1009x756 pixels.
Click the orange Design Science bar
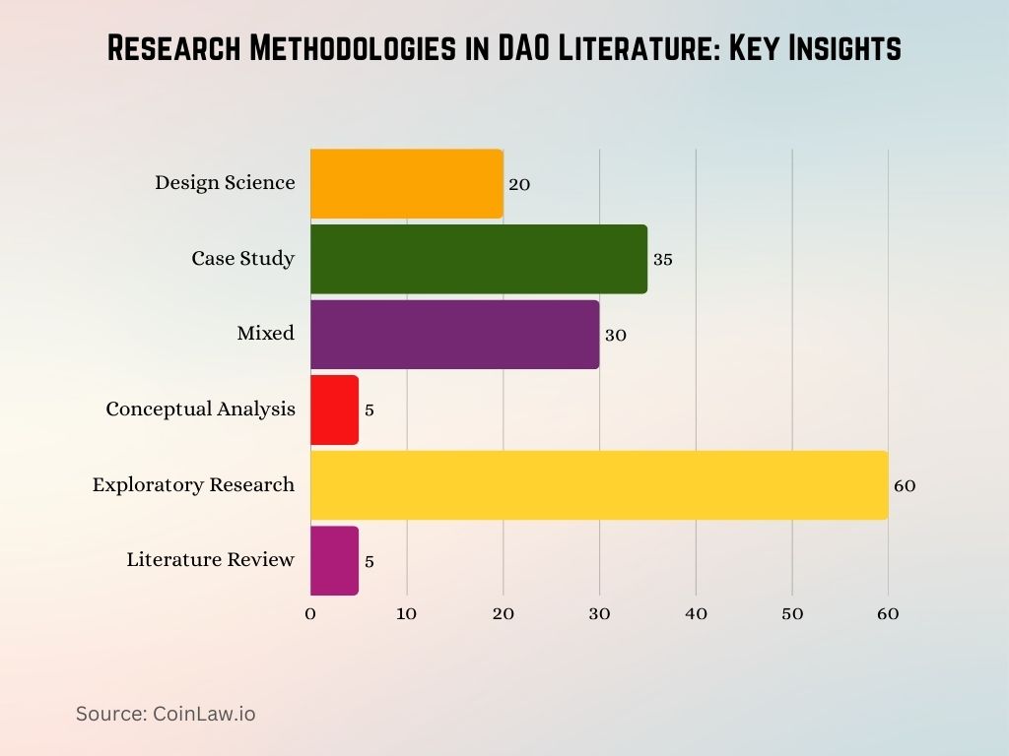coord(407,184)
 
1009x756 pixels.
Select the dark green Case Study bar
coord(479,259)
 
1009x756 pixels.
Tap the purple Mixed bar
coord(454,335)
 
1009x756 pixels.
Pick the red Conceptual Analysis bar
coord(334,409)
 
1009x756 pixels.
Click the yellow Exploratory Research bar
coord(599,485)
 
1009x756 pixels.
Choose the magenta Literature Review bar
coord(334,560)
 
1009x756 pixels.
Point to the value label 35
coord(662,260)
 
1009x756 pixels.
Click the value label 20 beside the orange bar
coord(519,184)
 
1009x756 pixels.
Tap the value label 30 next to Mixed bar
coord(615,335)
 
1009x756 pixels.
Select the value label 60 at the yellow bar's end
coord(904,485)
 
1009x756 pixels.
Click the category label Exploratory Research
coord(193,484)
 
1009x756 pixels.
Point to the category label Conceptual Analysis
coord(200,409)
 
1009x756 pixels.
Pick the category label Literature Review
coord(210,560)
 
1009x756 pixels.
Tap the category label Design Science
coord(225,182)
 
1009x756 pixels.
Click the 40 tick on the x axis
coord(696,613)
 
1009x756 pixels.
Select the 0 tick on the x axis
coord(310,613)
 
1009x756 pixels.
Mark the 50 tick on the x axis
coord(792,613)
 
